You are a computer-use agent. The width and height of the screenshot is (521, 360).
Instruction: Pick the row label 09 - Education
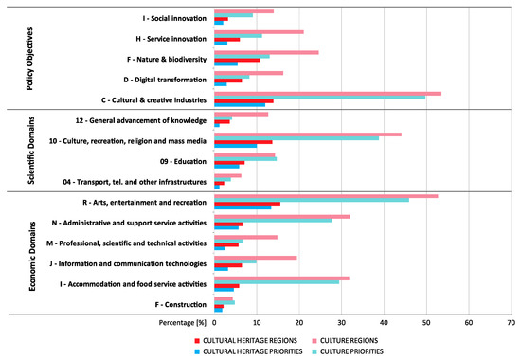click(x=175, y=161)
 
